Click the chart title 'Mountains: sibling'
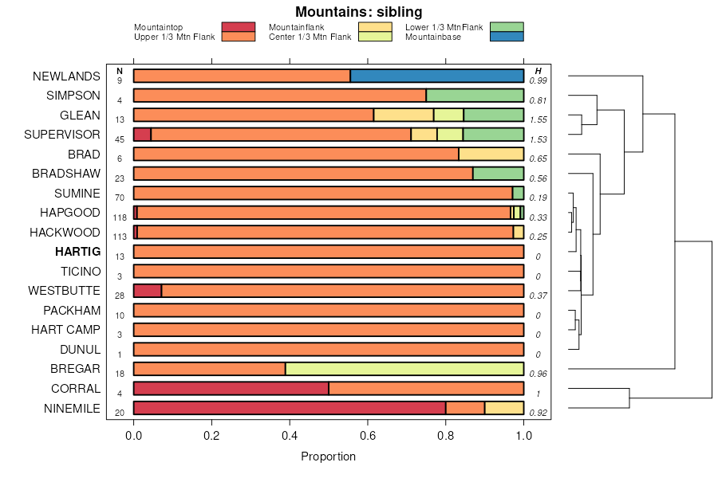(358, 12)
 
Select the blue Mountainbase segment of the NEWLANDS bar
(436, 76)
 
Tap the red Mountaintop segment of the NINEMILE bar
(289, 408)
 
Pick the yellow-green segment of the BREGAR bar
(404, 369)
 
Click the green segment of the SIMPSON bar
(475, 96)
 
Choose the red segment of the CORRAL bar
(231, 389)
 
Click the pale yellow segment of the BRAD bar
(491, 154)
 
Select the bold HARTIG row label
(77, 252)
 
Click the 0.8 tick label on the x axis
(446, 436)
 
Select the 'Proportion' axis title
(328, 456)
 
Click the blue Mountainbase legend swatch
(507, 37)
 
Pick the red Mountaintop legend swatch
(238, 27)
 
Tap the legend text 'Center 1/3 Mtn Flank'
(310, 37)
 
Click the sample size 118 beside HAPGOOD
(120, 217)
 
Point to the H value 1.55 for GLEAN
(538, 119)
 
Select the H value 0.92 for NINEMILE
(538, 413)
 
